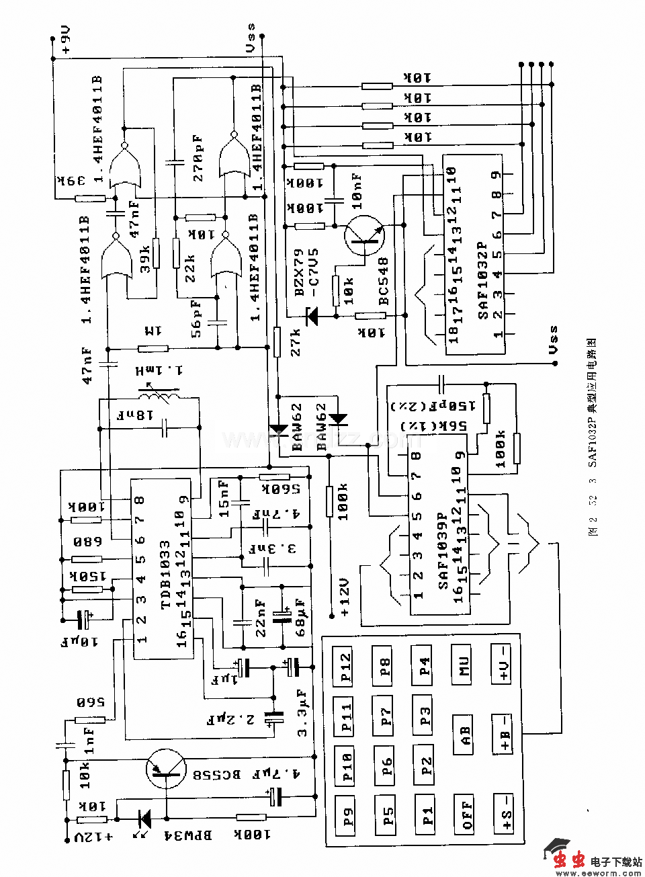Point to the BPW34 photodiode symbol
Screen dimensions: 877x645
143,819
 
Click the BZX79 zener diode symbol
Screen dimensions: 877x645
311,316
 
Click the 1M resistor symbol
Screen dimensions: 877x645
153,348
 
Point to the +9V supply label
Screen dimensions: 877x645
64,42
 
